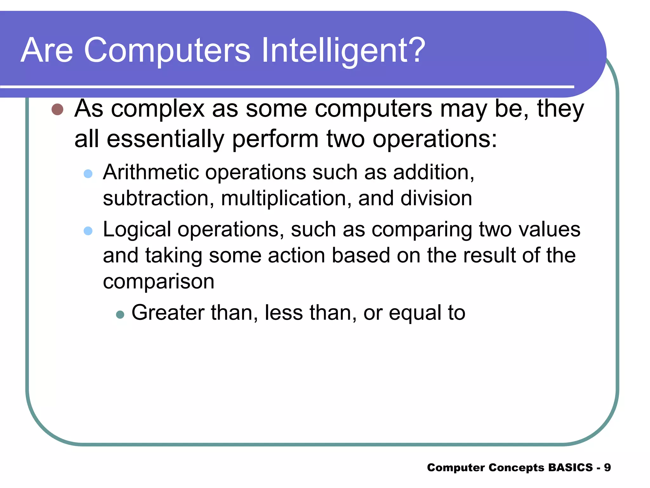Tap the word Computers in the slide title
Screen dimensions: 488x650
(x=167, y=50)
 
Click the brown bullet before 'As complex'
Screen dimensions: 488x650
(x=57, y=109)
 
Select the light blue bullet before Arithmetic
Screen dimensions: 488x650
(x=88, y=173)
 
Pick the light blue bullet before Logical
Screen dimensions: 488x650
(x=88, y=231)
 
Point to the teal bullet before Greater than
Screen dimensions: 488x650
(x=120, y=315)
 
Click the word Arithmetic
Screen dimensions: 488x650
(x=151, y=172)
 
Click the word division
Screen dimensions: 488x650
(x=436, y=198)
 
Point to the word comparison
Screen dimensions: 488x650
(x=158, y=282)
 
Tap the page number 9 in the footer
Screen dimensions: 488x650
(x=607, y=467)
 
